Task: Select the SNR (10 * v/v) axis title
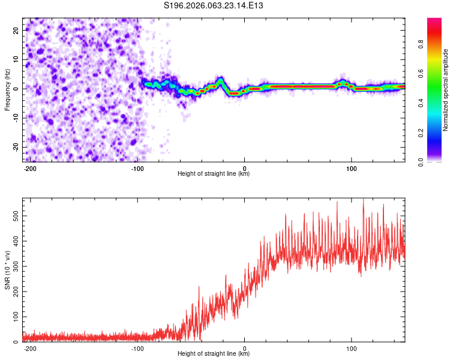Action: point(7,269)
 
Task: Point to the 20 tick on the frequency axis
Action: point(16,29)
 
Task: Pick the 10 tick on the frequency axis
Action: point(16,59)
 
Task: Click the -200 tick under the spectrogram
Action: point(31,168)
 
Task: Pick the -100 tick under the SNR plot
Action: point(137,348)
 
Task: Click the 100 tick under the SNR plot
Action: point(351,348)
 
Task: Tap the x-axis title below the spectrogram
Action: point(214,174)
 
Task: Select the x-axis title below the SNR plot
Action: point(214,354)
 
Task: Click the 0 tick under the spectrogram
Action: point(244,168)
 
